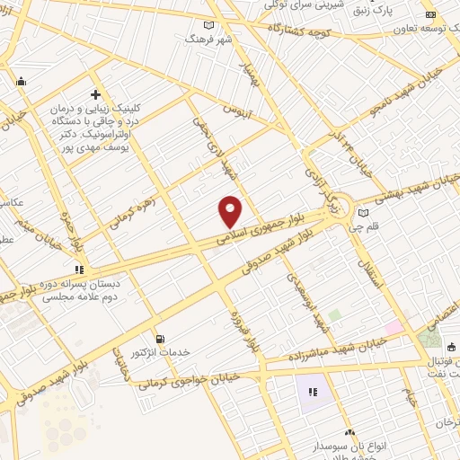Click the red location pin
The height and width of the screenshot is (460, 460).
pyautogui.click(x=231, y=210)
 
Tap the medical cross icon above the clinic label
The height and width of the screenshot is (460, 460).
pyautogui.click(x=95, y=94)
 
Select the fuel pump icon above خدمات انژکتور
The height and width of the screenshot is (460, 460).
pyautogui.click(x=161, y=339)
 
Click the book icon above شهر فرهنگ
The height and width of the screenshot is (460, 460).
pyautogui.click(x=209, y=25)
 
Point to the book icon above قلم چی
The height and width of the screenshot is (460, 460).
pyautogui.click(x=363, y=213)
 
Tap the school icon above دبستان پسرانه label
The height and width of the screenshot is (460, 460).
pyautogui.click(x=79, y=268)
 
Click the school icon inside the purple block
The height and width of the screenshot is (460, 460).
pyautogui.click(x=313, y=392)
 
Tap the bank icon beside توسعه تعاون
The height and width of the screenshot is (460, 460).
pyautogui.click(x=430, y=13)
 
